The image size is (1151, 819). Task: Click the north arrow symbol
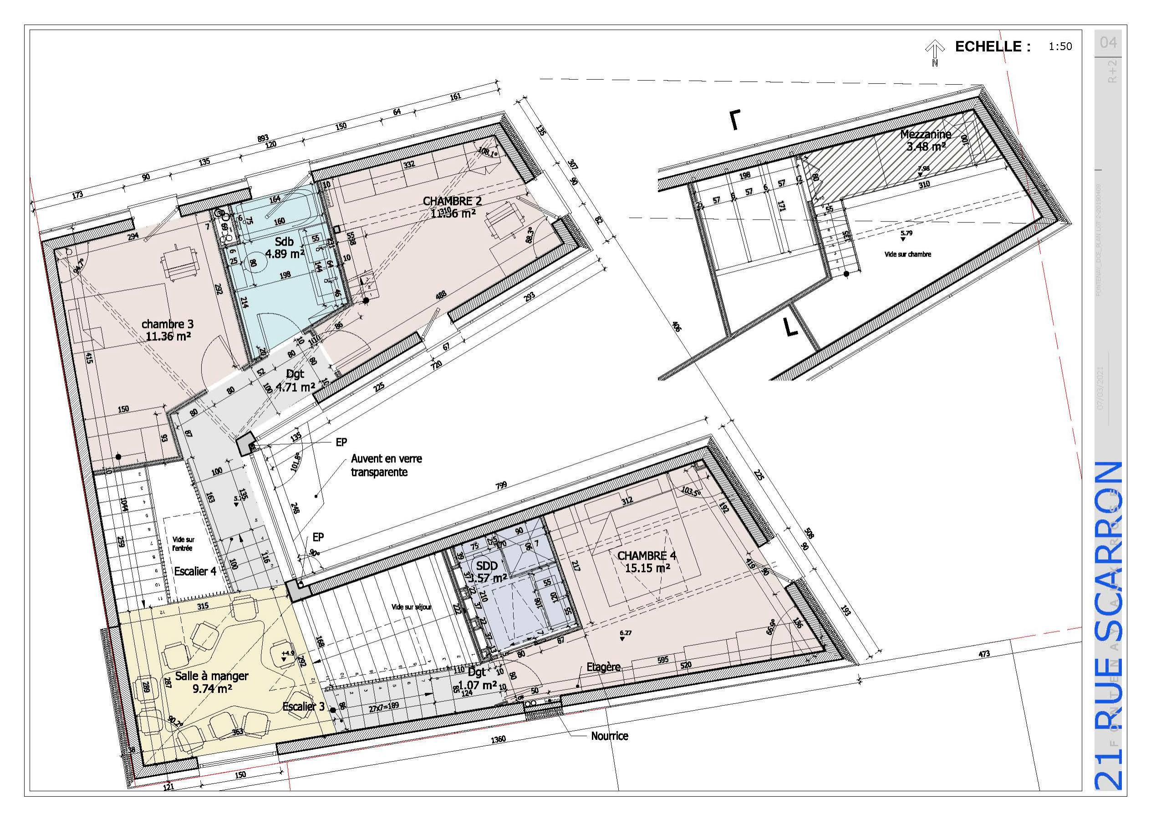[935, 52]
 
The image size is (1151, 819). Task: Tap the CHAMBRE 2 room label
[452, 201]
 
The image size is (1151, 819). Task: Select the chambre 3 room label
[168, 324]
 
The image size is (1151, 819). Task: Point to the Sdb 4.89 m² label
[285, 248]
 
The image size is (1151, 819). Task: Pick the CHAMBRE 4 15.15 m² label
[647, 561]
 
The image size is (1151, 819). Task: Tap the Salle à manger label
[212, 676]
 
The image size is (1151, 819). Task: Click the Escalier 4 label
[195, 571]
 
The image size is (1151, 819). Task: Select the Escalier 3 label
[303, 707]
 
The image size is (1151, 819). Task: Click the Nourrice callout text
[610, 736]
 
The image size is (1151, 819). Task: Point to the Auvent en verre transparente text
[386, 465]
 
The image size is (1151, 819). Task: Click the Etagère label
[603, 667]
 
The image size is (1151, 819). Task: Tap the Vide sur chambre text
[907, 254]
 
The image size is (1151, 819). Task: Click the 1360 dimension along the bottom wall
[498, 739]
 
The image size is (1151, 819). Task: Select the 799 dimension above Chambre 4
[501, 485]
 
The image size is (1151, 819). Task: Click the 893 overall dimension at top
[263, 138]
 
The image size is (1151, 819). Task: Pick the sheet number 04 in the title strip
[1108, 42]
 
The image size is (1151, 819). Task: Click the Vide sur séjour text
[411, 607]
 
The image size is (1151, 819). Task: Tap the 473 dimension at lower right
[984, 654]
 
